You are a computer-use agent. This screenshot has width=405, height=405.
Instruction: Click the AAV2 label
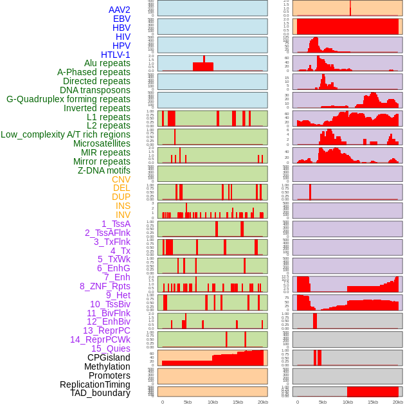pyautogui.click(x=119, y=10)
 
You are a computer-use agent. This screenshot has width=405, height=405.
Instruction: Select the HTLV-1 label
pyautogui.click(x=115, y=55)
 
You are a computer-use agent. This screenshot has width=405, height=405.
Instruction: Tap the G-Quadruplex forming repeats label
pyautogui.click(x=68, y=99)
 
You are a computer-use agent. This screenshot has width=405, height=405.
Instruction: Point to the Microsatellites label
pyautogui.click(x=102, y=143)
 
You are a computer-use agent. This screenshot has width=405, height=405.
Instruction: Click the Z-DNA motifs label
pyautogui.click(x=104, y=170)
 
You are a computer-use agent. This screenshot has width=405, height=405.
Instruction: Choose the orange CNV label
pyautogui.click(x=121, y=179)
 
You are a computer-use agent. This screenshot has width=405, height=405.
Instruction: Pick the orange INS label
pyautogui.click(x=123, y=206)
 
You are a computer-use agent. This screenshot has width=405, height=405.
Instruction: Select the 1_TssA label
pyautogui.click(x=116, y=224)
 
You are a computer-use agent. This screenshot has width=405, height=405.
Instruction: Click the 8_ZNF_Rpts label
pyautogui.click(x=105, y=286)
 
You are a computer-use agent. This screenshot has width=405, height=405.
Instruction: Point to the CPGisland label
pyautogui.click(x=109, y=357)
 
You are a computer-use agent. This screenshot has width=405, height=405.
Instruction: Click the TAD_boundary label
pyautogui.click(x=100, y=393)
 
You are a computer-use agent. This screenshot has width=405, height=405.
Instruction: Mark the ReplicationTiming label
pyautogui.click(x=94, y=384)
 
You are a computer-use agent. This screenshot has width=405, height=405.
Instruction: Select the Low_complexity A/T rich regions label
pyautogui.click(x=66, y=134)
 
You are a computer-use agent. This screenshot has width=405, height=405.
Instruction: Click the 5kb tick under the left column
pyautogui.click(x=188, y=402)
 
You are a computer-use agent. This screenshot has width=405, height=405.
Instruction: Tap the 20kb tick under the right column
pyautogui.click(x=398, y=402)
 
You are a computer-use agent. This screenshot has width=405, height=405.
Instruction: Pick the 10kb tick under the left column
pyautogui.click(x=213, y=402)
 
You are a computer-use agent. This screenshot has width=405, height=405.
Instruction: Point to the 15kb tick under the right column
pyautogui.click(x=373, y=402)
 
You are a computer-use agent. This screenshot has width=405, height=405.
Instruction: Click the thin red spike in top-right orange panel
pyautogui.click(x=350, y=8)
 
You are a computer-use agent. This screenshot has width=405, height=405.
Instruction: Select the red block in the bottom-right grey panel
pyautogui.click(x=373, y=392)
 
